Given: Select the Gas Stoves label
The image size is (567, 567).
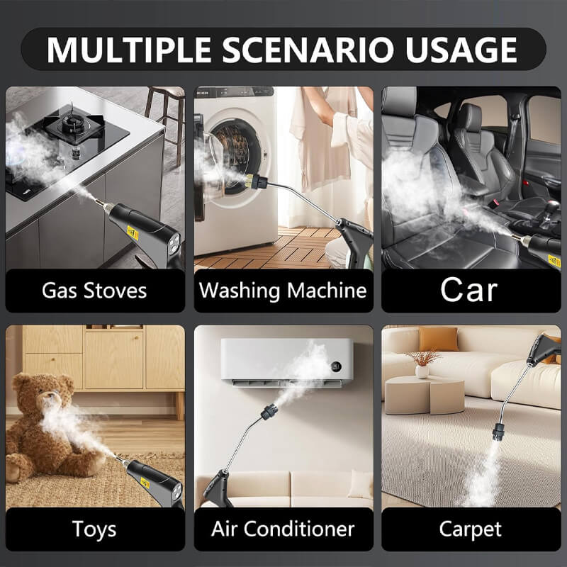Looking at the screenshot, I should (x=94, y=290).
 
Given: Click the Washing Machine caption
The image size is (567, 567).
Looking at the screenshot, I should (x=283, y=290).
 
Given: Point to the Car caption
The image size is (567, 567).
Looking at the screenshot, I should (x=468, y=290).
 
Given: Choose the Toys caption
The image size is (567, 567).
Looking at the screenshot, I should (x=94, y=529).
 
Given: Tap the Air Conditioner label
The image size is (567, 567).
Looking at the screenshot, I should (x=283, y=529).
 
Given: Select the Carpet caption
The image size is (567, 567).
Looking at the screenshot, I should (x=470, y=529).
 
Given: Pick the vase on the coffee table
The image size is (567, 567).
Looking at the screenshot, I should (x=422, y=368).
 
